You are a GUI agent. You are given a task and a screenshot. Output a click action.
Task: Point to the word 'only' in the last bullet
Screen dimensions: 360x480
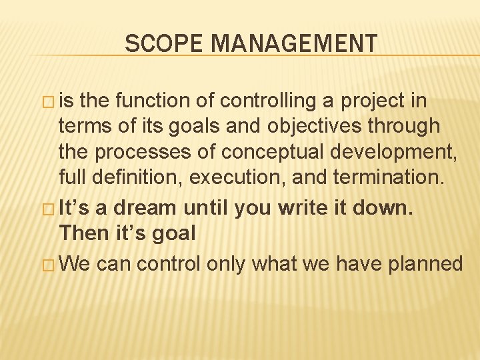227,264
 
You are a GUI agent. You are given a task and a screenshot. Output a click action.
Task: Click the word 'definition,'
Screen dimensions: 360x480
134,178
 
